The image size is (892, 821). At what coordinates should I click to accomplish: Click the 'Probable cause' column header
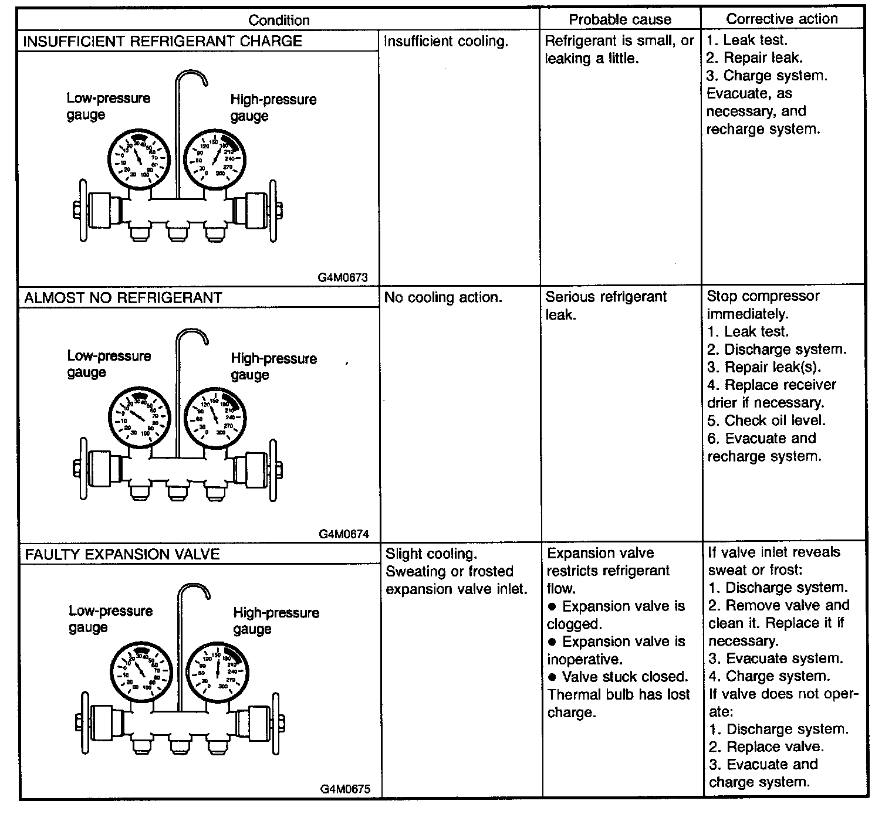(x=620, y=19)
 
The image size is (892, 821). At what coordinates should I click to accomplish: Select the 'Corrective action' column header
(x=782, y=19)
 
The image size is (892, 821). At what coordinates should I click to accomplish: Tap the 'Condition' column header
(x=279, y=20)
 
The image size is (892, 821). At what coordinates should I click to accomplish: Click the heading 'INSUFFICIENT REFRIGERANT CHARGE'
(x=163, y=41)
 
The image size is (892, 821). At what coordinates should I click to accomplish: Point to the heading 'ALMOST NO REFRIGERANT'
(x=123, y=298)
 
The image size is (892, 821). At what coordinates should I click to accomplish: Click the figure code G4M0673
(x=343, y=277)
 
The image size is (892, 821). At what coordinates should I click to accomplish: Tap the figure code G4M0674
(x=344, y=534)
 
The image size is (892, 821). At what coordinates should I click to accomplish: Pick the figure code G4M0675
(x=345, y=789)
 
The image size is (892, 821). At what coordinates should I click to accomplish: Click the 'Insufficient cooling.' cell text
(x=445, y=42)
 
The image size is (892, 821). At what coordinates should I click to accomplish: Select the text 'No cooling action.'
(x=443, y=297)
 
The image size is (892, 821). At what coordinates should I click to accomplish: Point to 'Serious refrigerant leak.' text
(x=606, y=306)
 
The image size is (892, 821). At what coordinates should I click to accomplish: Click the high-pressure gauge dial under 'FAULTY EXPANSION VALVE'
(x=218, y=671)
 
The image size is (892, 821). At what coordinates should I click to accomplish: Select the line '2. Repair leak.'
(x=754, y=57)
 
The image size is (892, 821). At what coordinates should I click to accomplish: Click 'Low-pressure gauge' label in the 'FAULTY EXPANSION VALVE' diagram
(x=110, y=619)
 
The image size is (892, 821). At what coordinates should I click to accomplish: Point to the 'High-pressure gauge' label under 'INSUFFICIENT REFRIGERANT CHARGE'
(x=273, y=107)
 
